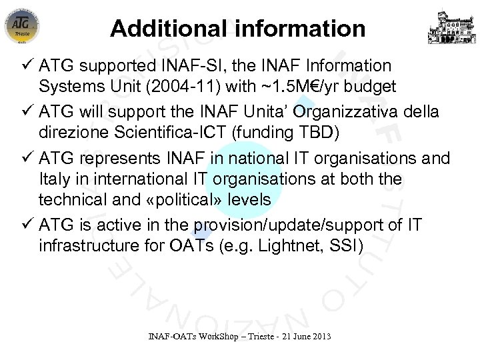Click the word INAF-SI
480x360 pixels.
point(198,67)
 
